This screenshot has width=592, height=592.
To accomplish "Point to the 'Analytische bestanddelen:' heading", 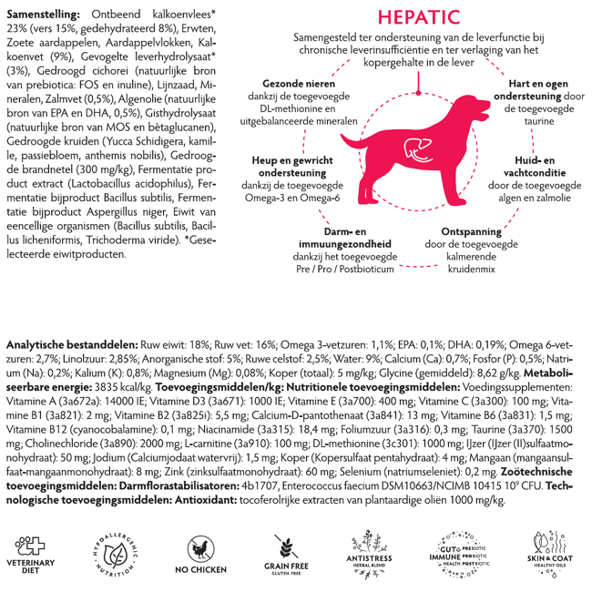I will (x=71, y=346).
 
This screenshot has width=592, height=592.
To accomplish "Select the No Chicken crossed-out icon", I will (x=201, y=547).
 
